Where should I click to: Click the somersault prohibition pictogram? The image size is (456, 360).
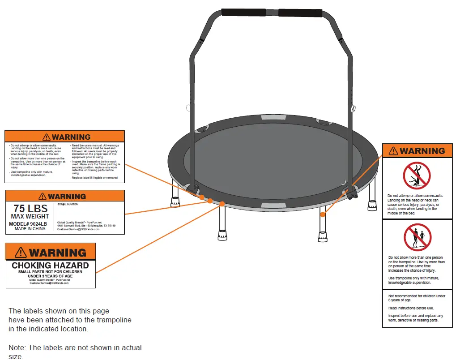[x=417, y=176]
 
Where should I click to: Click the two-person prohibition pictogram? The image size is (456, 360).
[x=417, y=237]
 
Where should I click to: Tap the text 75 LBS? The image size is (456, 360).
[x=30, y=209]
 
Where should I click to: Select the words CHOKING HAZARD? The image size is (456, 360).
[x=50, y=266]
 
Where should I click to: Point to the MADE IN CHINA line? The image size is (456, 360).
[x=30, y=228]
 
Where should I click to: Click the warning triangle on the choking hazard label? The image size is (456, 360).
[x=21, y=253]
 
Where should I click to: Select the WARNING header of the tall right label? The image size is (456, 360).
[x=417, y=151]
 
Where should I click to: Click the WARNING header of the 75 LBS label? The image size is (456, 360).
[x=65, y=196]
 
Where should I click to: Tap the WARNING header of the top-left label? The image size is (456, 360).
[x=65, y=137]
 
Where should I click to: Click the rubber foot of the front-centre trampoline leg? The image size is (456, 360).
[x=222, y=235]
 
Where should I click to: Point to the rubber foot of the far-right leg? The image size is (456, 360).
[x=372, y=206]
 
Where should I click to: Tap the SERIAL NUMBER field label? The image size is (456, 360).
[x=68, y=204]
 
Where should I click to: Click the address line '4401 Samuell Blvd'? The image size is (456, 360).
[x=86, y=226]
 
